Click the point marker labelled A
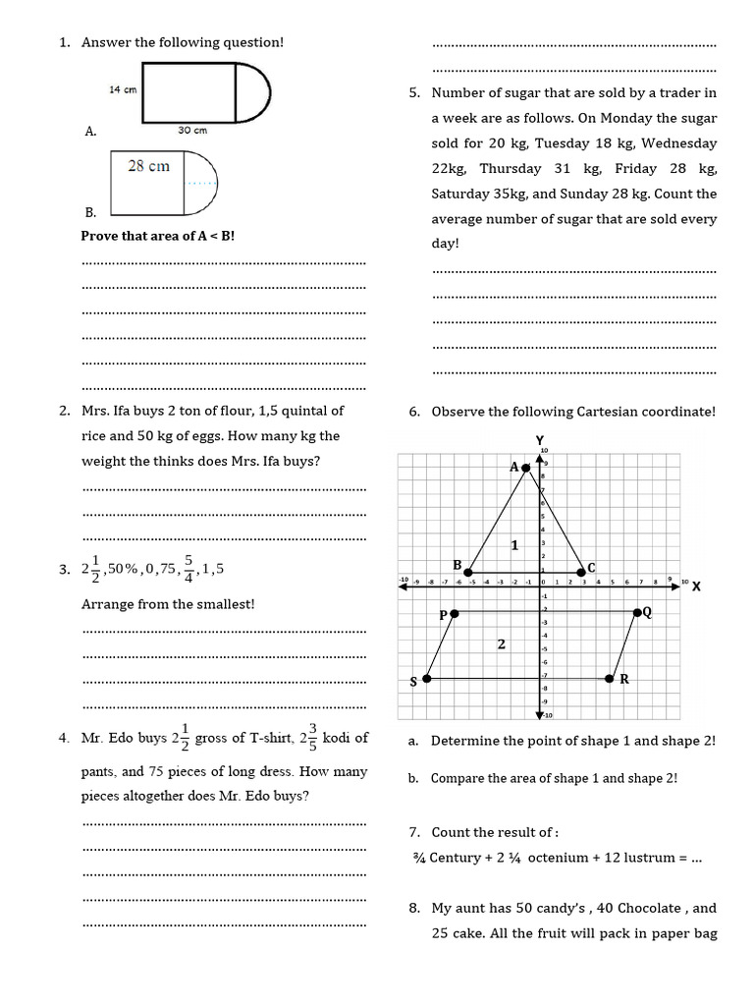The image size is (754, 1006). pyautogui.click(x=526, y=468)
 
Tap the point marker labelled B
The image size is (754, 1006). pyautogui.click(x=469, y=572)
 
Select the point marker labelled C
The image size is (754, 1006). pyautogui.click(x=580, y=572)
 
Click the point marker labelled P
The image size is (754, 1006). pyautogui.click(x=455, y=613)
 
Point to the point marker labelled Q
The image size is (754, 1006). pyautogui.click(x=637, y=612)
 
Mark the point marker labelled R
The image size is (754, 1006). pyautogui.click(x=610, y=678)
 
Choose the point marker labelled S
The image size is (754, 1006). pyautogui.click(x=427, y=679)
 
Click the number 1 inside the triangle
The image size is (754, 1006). pyautogui.click(x=513, y=544)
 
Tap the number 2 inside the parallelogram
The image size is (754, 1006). pyautogui.click(x=501, y=644)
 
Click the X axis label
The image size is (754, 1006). pyautogui.click(x=696, y=587)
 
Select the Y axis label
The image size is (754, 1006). pyautogui.click(x=539, y=439)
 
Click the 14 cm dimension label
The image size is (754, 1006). pyautogui.click(x=122, y=89)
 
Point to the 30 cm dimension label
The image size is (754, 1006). pyautogui.click(x=192, y=130)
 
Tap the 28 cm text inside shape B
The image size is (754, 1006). pyautogui.click(x=148, y=166)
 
